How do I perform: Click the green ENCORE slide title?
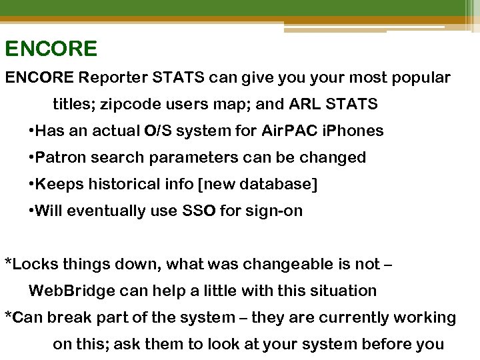coord(51,49)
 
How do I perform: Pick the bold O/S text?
coord(159,131)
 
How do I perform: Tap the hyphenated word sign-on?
coord(273,211)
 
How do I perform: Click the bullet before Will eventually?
coord(32,211)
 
